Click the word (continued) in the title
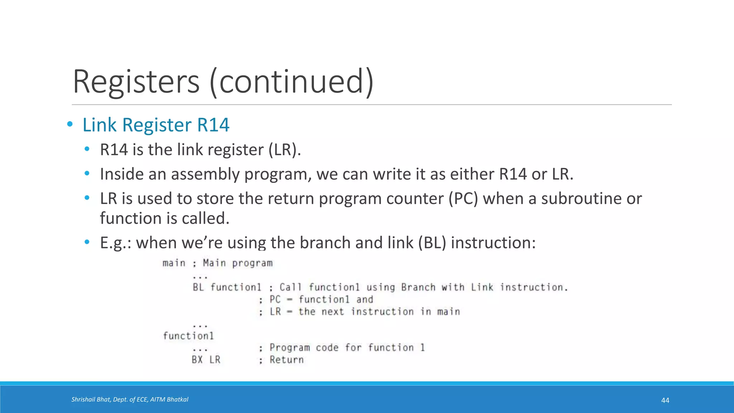tap(292, 82)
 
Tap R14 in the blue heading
tap(213, 125)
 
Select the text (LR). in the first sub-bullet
tap(285, 150)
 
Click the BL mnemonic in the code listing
tap(198, 287)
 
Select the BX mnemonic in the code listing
tap(197, 360)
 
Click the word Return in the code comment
tap(287, 360)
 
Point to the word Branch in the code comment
tap(418, 287)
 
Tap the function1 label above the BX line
tap(188, 336)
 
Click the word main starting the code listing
tap(174, 263)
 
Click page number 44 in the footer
tap(665, 400)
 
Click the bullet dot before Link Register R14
tap(70, 125)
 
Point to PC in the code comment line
tap(275, 299)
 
